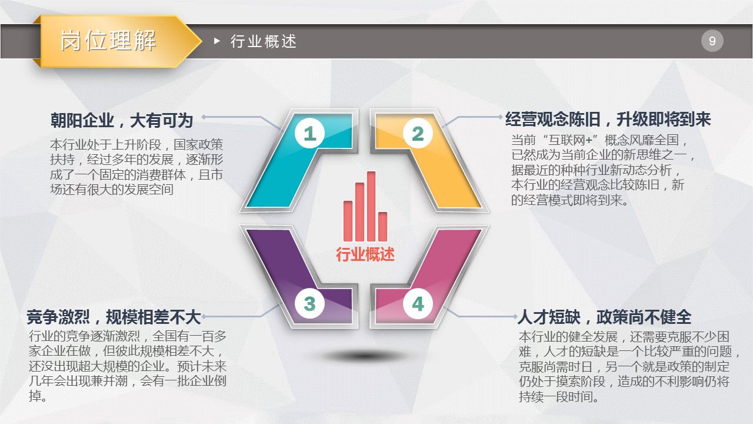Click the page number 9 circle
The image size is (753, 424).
(x=712, y=41)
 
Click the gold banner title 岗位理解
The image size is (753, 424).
(x=108, y=41)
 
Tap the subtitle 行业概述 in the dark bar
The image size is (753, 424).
(x=263, y=41)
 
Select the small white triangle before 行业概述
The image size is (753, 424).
(x=217, y=41)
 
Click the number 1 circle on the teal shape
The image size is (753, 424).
(x=309, y=133)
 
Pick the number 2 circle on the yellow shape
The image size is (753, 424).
(x=418, y=133)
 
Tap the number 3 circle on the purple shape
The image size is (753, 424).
(x=309, y=304)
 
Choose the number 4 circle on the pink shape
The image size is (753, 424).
(x=418, y=304)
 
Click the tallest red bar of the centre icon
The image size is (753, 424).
(x=371, y=206)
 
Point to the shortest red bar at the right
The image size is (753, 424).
(x=383, y=227)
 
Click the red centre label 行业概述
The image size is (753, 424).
(x=365, y=254)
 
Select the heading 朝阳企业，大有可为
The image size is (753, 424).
(x=122, y=120)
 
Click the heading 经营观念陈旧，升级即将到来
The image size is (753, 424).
(x=608, y=119)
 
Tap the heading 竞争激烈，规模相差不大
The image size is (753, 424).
(x=114, y=317)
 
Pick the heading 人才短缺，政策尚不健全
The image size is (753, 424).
(x=604, y=317)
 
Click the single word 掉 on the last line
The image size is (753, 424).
(x=35, y=396)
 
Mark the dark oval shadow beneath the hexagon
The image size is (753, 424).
(x=365, y=356)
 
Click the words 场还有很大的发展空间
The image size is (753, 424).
(x=112, y=190)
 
